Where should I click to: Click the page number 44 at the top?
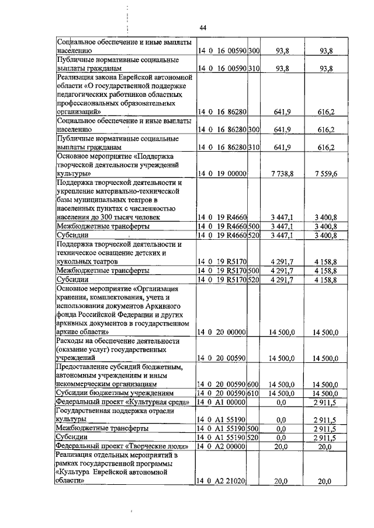click(x=203, y=27)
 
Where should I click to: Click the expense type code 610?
click(x=253, y=394)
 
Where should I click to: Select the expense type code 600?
click(x=253, y=385)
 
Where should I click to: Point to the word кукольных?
click(x=73, y=263)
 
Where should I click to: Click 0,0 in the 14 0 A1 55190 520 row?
click(x=280, y=438)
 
